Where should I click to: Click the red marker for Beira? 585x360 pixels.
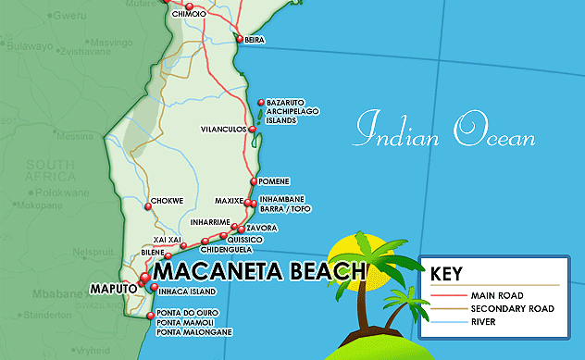[x=239, y=39]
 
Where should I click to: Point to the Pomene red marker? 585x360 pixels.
[x=255, y=181]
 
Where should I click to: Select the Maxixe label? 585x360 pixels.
[x=228, y=201]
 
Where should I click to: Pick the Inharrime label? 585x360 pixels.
[x=209, y=222]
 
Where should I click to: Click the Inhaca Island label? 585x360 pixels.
[x=186, y=290]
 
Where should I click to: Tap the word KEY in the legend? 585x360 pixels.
[x=448, y=273]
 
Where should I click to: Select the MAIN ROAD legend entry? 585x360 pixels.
[x=494, y=294]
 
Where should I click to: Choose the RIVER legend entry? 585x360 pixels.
[x=483, y=322]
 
